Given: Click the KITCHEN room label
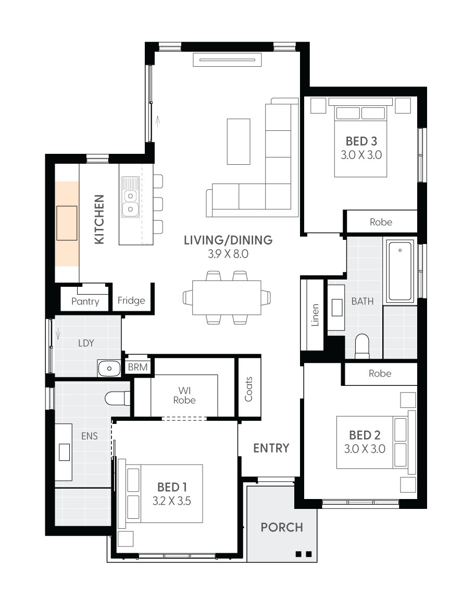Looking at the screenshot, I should pos(99,219).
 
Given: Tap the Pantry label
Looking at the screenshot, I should pos(85,301).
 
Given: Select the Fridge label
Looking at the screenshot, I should pos(131,300).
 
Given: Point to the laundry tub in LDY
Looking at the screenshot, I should pos(109,368).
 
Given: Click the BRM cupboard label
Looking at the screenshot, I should pos(138,368).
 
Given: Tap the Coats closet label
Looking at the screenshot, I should pos(248,389).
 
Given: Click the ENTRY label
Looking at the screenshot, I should pos(271,448).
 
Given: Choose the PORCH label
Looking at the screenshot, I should pos(282,527).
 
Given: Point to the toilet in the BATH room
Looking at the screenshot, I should pos(361,346).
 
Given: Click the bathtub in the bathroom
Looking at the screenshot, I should pos(400,271).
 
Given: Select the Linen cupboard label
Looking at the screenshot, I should pos(315,315).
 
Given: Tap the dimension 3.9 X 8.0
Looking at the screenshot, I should pos(228,254).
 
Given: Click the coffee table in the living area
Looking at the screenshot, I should pos(239,141).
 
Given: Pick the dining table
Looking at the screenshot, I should pos(227,298).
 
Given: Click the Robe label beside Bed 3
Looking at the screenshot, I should pos(381,222).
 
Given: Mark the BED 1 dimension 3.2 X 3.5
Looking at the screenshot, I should pos(172,501).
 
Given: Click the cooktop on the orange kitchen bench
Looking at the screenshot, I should pos(67,223).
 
